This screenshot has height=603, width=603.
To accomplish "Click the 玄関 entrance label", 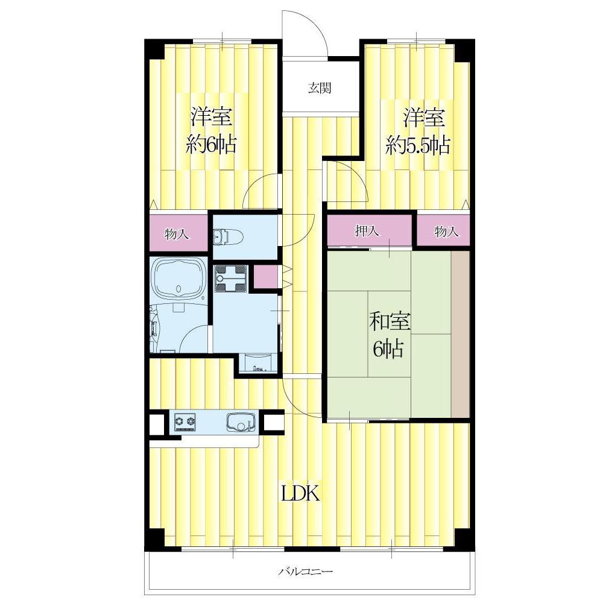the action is click(320, 88).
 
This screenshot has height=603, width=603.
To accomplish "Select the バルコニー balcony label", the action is click(305, 572).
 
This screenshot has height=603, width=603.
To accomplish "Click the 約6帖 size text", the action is click(210, 145).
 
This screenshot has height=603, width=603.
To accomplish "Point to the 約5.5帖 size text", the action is click(418, 145).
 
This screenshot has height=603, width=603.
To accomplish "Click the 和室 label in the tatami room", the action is click(390, 321).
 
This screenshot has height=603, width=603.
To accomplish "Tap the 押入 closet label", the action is click(367, 230).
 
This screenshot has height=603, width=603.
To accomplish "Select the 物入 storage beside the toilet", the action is click(177, 233).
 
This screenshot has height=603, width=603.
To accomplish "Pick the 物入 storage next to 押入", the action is click(446, 231).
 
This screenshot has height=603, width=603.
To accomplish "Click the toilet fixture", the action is click(227, 237).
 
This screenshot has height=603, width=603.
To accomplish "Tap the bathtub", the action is click(177, 279).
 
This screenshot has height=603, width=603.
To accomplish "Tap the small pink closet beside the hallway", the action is click(265, 277).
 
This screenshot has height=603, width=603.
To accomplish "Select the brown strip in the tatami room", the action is click(460, 334).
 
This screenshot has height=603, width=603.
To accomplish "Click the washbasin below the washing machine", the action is click(257, 362).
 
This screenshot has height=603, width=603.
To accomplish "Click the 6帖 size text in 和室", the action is click(388, 349).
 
